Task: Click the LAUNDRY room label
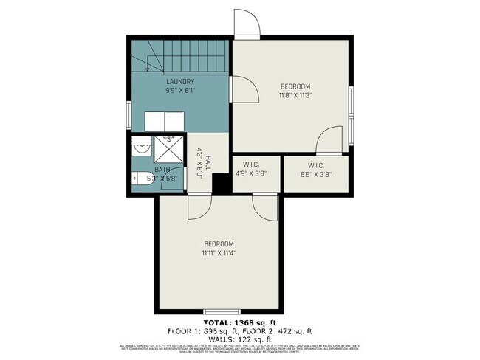click(179, 81)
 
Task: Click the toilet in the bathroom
click(142, 178)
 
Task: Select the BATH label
click(162, 169)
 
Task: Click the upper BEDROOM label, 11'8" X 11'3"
click(294, 90)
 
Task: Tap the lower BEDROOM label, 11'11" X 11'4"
click(219, 248)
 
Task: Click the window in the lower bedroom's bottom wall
click(218, 310)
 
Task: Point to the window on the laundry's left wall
click(129, 114)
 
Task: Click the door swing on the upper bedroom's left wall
click(245, 90)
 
